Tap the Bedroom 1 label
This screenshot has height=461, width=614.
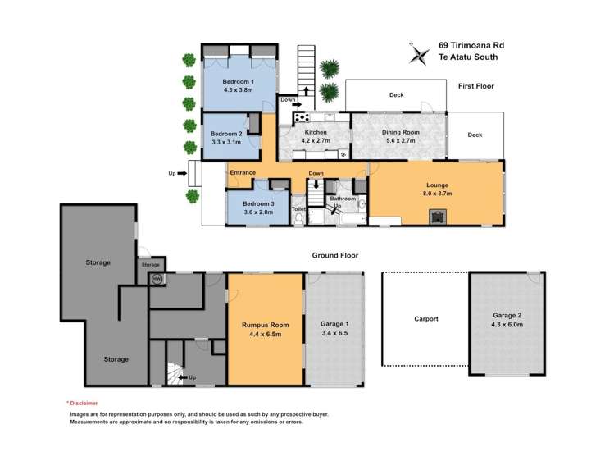(239, 82)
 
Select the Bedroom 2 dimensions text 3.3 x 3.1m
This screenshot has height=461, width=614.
(226, 142)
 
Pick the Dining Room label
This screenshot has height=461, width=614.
(400, 132)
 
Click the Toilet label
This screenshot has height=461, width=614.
(298, 210)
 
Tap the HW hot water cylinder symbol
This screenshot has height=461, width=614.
(153, 279)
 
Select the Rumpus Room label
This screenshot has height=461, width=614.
(265, 325)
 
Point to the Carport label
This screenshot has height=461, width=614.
(425, 318)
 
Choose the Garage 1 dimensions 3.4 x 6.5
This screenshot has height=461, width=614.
(334, 334)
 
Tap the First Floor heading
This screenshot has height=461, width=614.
(475, 86)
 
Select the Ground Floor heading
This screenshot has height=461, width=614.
(335, 256)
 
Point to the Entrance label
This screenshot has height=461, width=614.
(243, 172)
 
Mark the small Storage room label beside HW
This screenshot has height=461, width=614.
(150, 265)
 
